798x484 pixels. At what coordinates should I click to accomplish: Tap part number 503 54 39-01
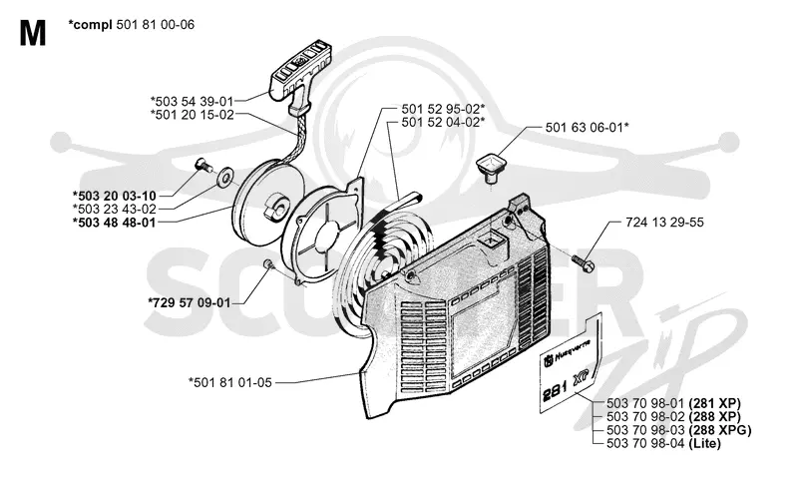192,101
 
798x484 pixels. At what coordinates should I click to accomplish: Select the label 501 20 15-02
192,115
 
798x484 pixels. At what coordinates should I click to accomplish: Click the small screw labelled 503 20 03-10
202,166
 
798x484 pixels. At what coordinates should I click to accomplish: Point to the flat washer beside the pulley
224,177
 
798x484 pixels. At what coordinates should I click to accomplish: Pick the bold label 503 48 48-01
114,223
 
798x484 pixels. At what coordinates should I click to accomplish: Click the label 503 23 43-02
114,210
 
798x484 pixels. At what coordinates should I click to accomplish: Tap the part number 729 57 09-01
189,302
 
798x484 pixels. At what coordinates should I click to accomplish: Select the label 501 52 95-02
443,109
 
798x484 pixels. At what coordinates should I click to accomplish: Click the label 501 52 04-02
443,122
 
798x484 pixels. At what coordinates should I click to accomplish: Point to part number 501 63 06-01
587,127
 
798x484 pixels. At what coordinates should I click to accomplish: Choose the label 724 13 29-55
664,223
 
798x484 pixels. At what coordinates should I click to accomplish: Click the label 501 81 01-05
230,382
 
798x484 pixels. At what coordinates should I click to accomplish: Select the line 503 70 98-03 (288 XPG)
679,430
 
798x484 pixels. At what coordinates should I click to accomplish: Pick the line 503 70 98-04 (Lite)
663,444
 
